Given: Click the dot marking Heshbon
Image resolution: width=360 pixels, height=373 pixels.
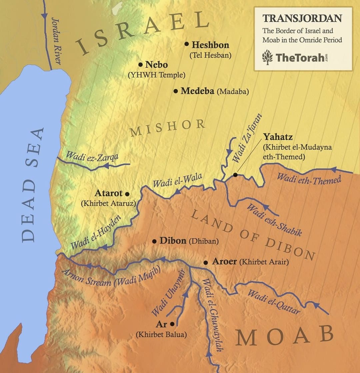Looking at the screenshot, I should pos(187,44).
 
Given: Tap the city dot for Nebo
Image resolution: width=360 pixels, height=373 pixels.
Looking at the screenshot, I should pos(140,64).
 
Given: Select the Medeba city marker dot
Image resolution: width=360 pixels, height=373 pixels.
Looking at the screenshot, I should pos(176,91).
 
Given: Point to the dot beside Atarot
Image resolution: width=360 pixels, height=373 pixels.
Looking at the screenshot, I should pos(127,193).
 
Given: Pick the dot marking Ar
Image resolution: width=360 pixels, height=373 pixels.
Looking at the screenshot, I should pos(172,324).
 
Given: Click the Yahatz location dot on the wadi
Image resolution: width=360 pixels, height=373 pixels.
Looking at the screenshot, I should pos(235,175).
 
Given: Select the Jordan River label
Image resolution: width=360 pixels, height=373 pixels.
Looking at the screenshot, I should pos(56,41).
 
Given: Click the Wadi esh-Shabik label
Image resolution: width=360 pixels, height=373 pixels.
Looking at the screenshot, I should pos(274,220).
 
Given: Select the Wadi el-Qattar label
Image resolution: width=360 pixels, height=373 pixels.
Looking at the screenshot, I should pos(273,302).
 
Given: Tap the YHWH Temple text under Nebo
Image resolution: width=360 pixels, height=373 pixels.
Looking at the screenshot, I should pos(156,75).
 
